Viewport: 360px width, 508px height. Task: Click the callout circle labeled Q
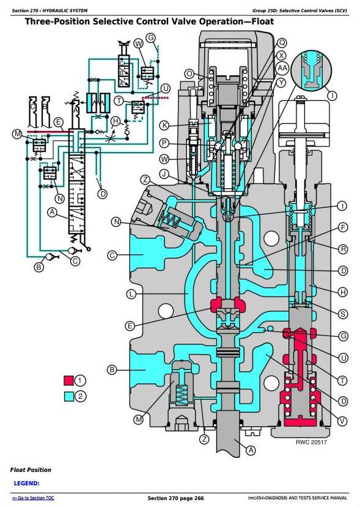(x=282, y=43)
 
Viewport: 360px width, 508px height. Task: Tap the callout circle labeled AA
(x=282, y=68)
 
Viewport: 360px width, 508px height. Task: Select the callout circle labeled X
(x=282, y=55)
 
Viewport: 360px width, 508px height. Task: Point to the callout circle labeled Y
(x=281, y=83)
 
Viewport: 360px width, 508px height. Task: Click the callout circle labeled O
(x=189, y=74)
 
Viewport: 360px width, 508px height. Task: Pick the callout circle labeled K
(x=164, y=125)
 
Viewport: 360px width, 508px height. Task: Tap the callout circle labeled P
(x=164, y=143)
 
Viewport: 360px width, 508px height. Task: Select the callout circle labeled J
(x=164, y=174)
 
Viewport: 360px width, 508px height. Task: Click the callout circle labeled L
(x=131, y=294)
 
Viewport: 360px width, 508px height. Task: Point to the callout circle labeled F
(x=342, y=227)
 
